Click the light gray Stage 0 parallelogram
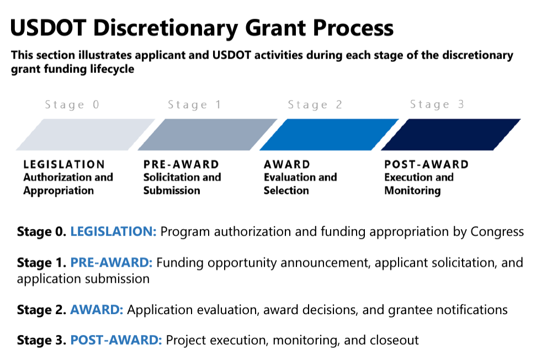point(86,135)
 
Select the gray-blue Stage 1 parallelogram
point(208,135)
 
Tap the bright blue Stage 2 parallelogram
point(329,135)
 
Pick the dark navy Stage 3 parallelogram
point(451,135)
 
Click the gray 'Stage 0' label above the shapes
point(72,104)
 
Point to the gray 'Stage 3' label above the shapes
point(437,104)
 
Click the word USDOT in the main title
point(48,28)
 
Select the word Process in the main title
point(353,28)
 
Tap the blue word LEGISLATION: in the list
point(113,231)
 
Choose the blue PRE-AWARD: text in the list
point(112,262)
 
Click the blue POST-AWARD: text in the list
point(116,340)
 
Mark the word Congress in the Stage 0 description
point(497,232)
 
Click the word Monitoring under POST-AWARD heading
point(412,190)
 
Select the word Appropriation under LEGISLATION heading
point(59,190)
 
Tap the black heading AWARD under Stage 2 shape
point(287,165)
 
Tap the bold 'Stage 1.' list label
point(41,263)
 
